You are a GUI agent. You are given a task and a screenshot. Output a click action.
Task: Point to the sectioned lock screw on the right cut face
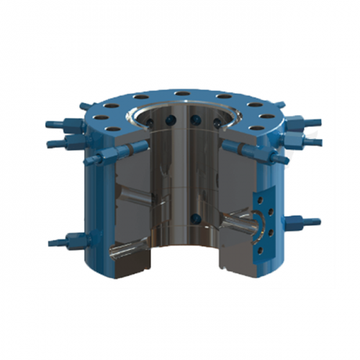238,148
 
